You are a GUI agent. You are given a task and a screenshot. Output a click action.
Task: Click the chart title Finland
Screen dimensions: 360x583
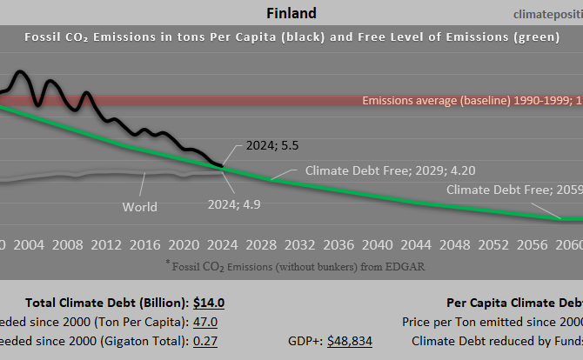pyautogui.click(x=291, y=13)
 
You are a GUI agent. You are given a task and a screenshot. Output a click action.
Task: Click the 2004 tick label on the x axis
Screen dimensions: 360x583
pyautogui.click(x=30, y=243)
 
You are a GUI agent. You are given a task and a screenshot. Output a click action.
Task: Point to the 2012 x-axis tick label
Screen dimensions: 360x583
pyautogui.click(x=106, y=243)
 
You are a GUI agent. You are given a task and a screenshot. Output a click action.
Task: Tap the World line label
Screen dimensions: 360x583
pyautogui.click(x=139, y=207)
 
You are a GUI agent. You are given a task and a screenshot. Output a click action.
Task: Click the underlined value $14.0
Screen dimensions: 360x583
pyautogui.click(x=208, y=303)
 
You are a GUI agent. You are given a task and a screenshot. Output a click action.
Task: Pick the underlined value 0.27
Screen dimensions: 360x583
pyautogui.click(x=204, y=341)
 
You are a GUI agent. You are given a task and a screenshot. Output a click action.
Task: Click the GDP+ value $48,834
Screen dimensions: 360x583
pyautogui.click(x=349, y=341)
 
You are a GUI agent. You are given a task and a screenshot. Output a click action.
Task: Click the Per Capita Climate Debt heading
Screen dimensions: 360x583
pyautogui.click(x=513, y=303)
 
